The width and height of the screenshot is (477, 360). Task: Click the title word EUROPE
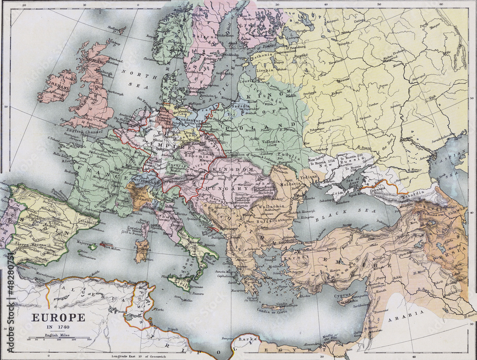point(58,318)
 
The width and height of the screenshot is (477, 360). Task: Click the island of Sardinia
point(141,251)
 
